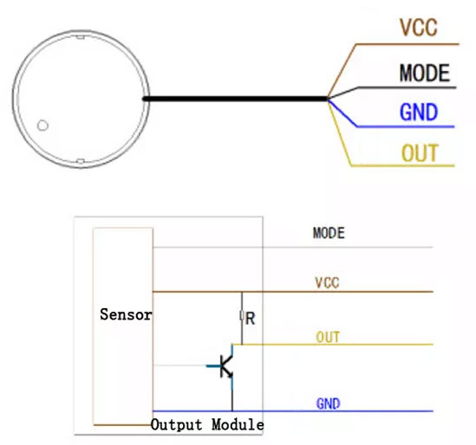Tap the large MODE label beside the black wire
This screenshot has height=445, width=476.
pyautogui.click(x=424, y=73)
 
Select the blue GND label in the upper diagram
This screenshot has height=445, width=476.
pyautogui.click(x=418, y=113)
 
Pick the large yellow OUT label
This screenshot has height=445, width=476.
pyautogui.click(x=419, y=154)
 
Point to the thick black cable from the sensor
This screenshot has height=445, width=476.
pyautogui.click(x=234, y=99)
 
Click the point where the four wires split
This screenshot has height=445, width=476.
pyautogui.click(x=328, y=99)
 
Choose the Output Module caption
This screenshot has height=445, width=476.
pyautogui.click(x=207, y=425)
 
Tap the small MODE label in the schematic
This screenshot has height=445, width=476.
pyautogui.click(x=329, y=233)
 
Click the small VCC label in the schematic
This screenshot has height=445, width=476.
pyautogui.click(x=327, y=282)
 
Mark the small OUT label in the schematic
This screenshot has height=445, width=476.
pyautogui.click(x=328, y=338)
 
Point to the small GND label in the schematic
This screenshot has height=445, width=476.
pyautogui.click(x=328, y=403)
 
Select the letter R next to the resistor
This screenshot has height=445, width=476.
pyautogui.click(x=251, y=318)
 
